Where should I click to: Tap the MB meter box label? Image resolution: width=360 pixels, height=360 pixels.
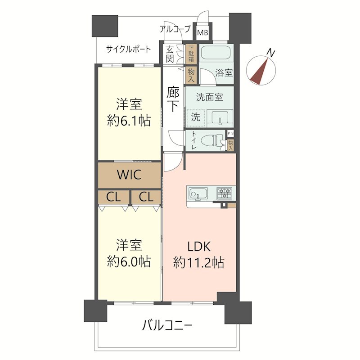pyautogui.click(x=203, y=33)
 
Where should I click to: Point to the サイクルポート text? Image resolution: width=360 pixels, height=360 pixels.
pyautogui.click(x=129, y=49)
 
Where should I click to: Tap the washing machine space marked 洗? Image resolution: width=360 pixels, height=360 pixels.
pyautogui.click(x=196, y=117)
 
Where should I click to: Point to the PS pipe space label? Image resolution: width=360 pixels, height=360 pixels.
pyautogui.click(x=231, y=134)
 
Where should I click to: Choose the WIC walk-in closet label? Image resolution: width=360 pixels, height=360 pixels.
pyautogui.click(x=129, y=175)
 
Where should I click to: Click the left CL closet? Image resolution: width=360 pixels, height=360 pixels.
pyautogui.click(x=113, y=197)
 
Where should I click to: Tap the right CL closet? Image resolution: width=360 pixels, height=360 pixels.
pyautogui.click(x=145, y=197)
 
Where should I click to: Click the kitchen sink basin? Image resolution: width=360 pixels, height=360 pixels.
pyautogui.click(x=198, y=194)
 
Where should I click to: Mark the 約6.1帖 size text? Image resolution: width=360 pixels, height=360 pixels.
pyautogui.click(x=129, y=121)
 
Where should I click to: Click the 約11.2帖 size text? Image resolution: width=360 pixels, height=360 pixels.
pyautogui.click(x=199, y=262)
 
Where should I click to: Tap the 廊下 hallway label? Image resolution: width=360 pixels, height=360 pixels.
pyautogui.click(x=173, y=99)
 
